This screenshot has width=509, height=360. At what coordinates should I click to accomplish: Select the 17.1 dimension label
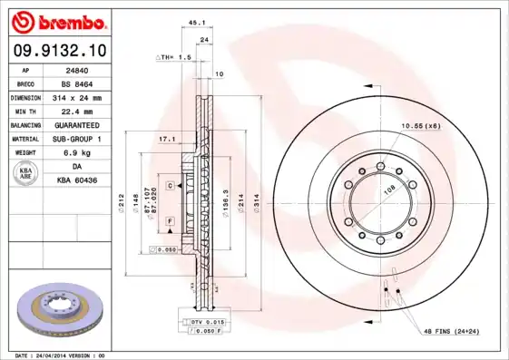pos(167,140)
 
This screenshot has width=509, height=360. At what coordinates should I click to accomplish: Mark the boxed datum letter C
pos(170,186)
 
